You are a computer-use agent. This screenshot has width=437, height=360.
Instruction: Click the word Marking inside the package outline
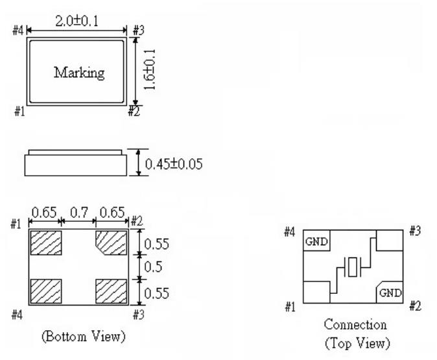point(79,73)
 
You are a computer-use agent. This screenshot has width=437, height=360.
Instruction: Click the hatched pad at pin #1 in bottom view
point(45,242)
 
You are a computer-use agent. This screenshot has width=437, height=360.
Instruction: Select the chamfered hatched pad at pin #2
point(111,243)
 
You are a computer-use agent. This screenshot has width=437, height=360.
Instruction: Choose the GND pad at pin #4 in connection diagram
point(316,241)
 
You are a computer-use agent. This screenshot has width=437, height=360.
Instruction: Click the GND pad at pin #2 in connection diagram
point(390,292)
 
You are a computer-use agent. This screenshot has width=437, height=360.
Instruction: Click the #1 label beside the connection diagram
point(292,306)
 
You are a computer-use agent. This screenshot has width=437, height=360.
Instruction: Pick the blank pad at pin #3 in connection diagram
point(389,239)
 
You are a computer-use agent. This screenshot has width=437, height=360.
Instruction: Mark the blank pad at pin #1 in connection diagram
point(316,291)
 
